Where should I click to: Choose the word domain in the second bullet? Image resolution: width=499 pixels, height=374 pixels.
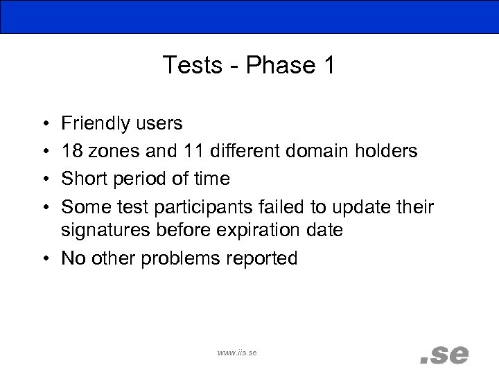311,150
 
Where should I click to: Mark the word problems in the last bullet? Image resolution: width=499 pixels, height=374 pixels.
170,258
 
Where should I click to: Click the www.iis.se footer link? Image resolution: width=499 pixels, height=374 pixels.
237,353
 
